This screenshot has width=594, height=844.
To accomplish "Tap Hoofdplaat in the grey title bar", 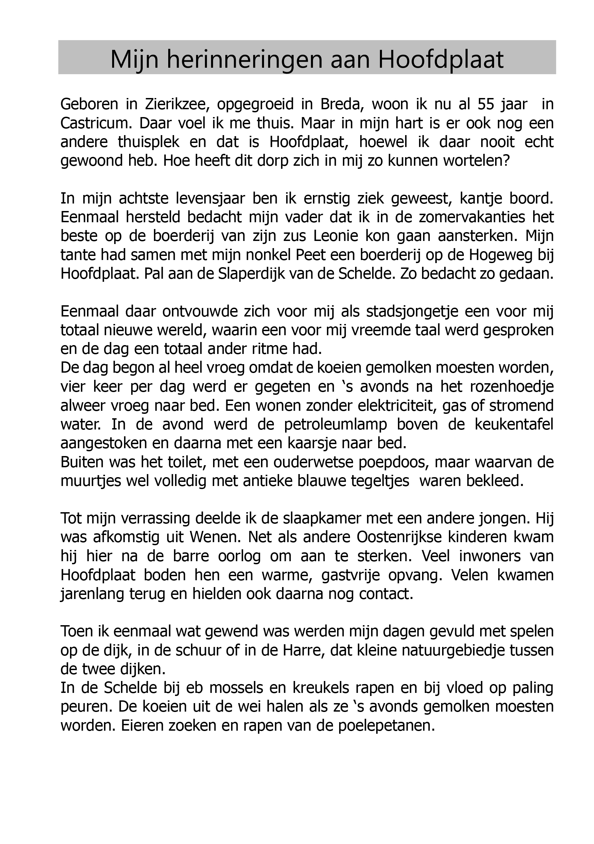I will [x=440, y=60].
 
